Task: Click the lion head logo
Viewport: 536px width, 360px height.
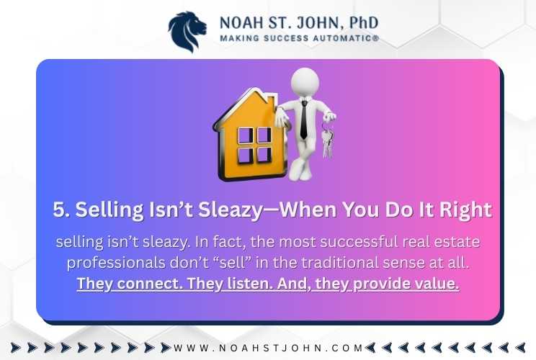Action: click(x=187, y=32)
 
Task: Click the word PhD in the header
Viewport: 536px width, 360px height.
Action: click(x=364, y=22)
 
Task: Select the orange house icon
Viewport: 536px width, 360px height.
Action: click(x=249, y=134)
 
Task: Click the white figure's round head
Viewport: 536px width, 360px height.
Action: click(x=305, y=82)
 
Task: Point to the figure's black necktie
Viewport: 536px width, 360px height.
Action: click(x=303, y=120)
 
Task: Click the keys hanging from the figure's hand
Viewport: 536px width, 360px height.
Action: click(x=327, y=140)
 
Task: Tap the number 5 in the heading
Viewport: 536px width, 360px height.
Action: click(x=59, y=210)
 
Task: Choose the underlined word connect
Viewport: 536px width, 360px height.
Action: click(x=151, y=284)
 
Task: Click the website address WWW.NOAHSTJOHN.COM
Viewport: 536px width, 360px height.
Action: click(x=268, y=348)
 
